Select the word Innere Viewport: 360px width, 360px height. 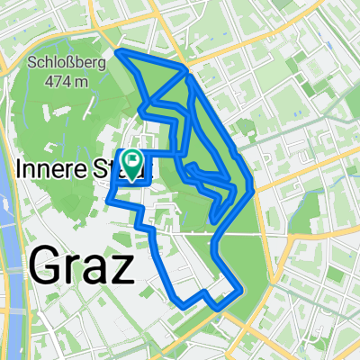coord(45,168)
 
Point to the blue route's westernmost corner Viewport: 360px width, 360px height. coord(108,195)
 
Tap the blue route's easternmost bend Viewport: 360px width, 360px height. coord(253,190)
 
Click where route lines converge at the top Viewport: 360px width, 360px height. coord(186,69)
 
